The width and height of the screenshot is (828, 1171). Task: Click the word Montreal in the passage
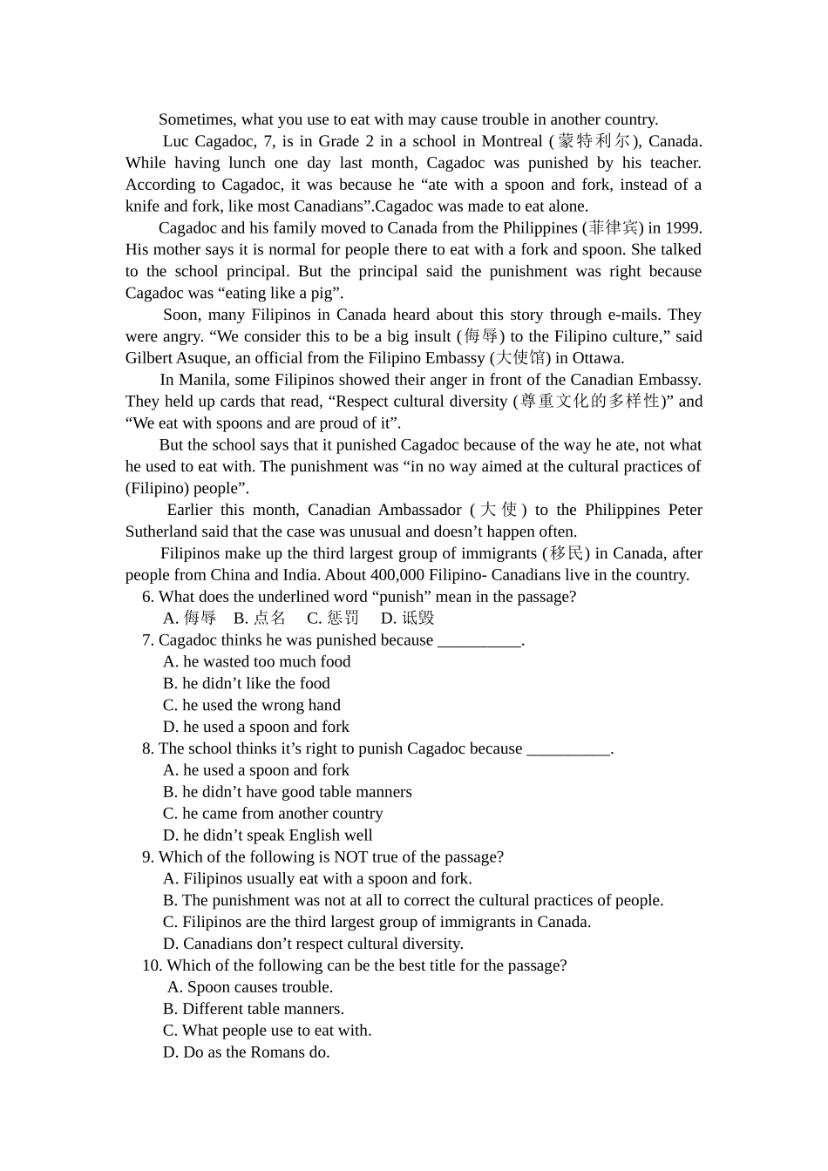click(x=512, y=141)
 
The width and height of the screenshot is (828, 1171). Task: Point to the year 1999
click(x=682, y=228)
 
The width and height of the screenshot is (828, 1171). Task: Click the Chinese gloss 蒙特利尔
click(x=594, y=141)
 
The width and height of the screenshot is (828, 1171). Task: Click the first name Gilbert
click(x=149, y=358)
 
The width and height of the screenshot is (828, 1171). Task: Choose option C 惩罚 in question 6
click(x=333, y=619)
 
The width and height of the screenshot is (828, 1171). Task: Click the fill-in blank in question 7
click(x=478, y=641)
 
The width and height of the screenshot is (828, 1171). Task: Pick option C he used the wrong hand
click(x=252, y=706)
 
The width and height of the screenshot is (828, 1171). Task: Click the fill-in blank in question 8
click(x=568, y=749)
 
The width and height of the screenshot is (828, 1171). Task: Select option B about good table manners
click(x=288, y=792)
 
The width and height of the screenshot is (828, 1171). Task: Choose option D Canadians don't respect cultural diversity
click(x=313, y=944)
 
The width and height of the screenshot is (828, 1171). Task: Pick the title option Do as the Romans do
click(x=247, y=1053)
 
